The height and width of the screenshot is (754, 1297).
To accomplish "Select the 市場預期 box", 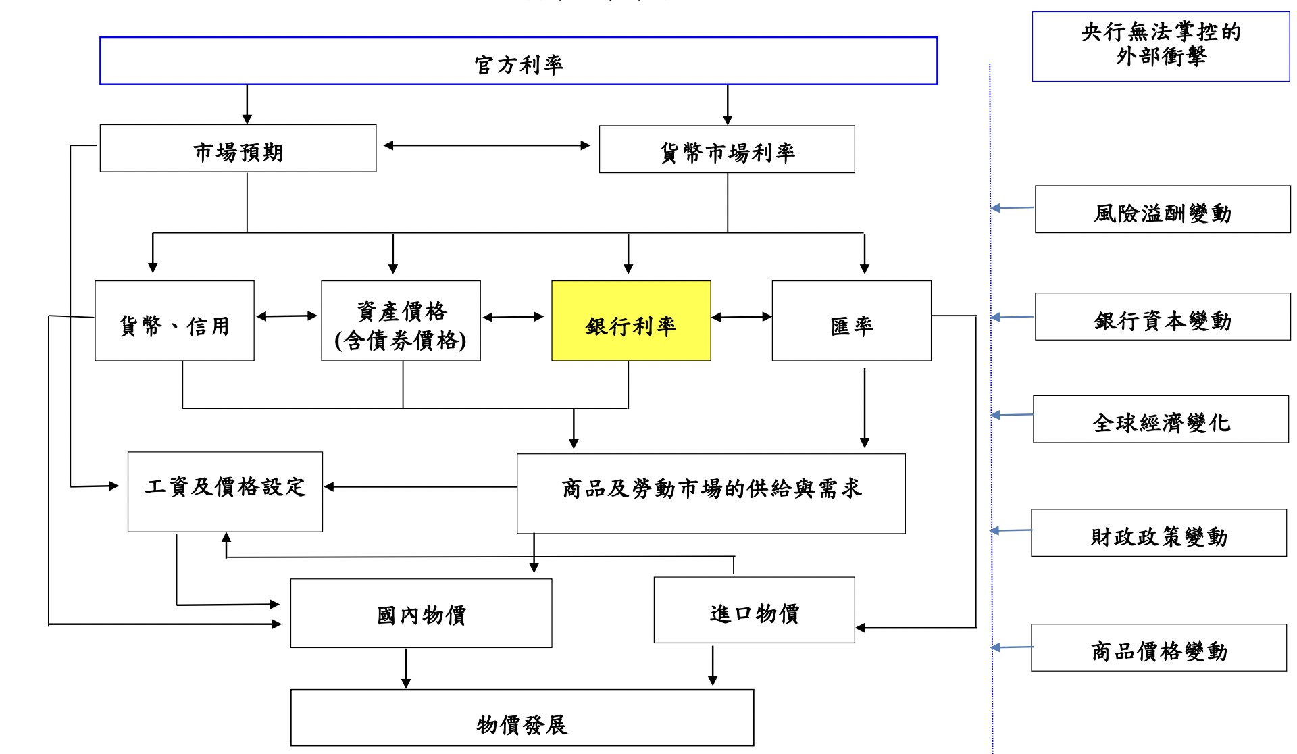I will pyautogui.click(x=238, y=149).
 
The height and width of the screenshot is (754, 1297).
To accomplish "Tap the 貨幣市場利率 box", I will pyautogui.click(x=727, y=149).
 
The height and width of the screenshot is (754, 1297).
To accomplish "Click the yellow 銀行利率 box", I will pyautogui.click(x=631, y=321).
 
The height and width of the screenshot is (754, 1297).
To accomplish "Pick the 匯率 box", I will pyautogui.click(x=851, y=321).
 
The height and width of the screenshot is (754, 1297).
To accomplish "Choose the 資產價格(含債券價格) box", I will pyautogui.click(x=401, y=321).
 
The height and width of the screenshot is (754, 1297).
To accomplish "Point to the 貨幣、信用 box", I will pyautogui.click(x=174, y=321).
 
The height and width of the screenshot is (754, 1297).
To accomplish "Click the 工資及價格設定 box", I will pyautogui.click(x=225, y=492).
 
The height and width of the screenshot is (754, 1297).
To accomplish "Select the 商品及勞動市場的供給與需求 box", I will pyautogui.click(x=711, y=494).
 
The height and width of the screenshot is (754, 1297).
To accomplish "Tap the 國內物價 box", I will pyautogui.click(x=421, y=613).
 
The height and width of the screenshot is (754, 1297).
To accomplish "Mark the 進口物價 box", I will pyautogui.click(x=754, y=610).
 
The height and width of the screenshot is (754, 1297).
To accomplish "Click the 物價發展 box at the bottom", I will pyautogui.click(x=522, y=718).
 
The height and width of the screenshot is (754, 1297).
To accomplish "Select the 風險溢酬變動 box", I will pyautogui.click(x=1163, y=209).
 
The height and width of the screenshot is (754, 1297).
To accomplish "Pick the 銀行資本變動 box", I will pyautogui.click(x=1163, y=316).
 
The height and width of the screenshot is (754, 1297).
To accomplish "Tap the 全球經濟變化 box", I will pyautogui.click(x=1161, y=420).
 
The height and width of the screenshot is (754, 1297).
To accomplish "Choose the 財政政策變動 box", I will pyautogui.click(x=1159, y=533).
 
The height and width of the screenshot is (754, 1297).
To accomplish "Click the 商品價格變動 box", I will pyautogui.click(x=1159, y=647).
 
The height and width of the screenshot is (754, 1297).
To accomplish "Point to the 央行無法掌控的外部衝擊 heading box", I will pyautogui.click(x=1161, y=47).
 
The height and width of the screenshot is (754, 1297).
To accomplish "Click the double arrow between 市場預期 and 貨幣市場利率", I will pyautogui.click(x=486, y=145).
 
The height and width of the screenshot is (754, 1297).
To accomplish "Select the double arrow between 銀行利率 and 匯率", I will pyautogui.click(x=741, y=316).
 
